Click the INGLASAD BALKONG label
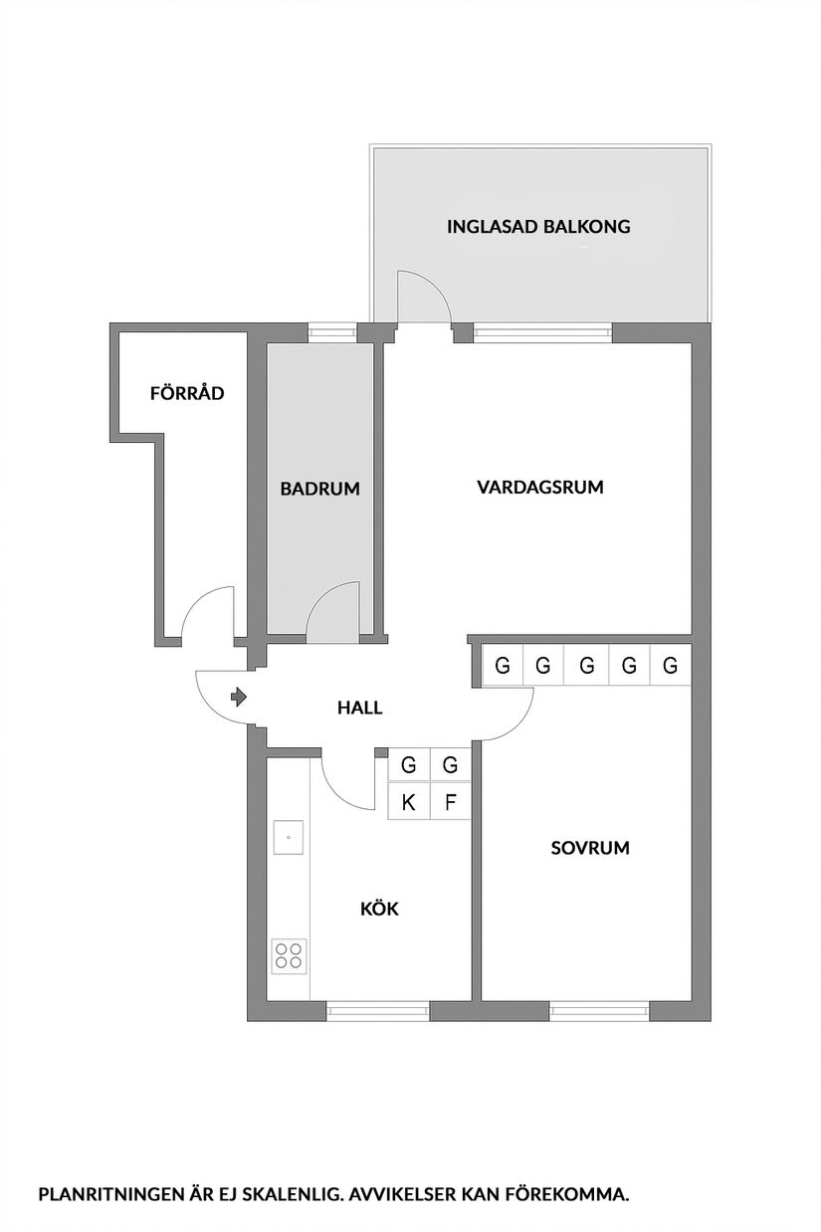pyautogui.click(x=538, y=226)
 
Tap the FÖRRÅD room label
pyautogui.click(x=186, y=393)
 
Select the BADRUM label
pyautogui.click(x=318, y=489)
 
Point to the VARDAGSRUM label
pyautogui.click(x=540, y=488)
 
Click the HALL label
pyautogui.click(x=359, y=708)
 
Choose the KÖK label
pyautogui.click(x=379, y=908)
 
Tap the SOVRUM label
pyautogui.click(x=590, y=848)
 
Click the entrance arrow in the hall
pyautogui.click(x=238, y=697)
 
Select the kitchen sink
pyautogui.click(x=289, y=837)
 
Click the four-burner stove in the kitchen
pyautogui.click(x=289, y=956)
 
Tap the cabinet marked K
pyautogui.click(x=408, y=803)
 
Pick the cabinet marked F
pyautogui.click(x=450, y=803)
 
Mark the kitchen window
pyautogui.click(x=378, y=1010)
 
